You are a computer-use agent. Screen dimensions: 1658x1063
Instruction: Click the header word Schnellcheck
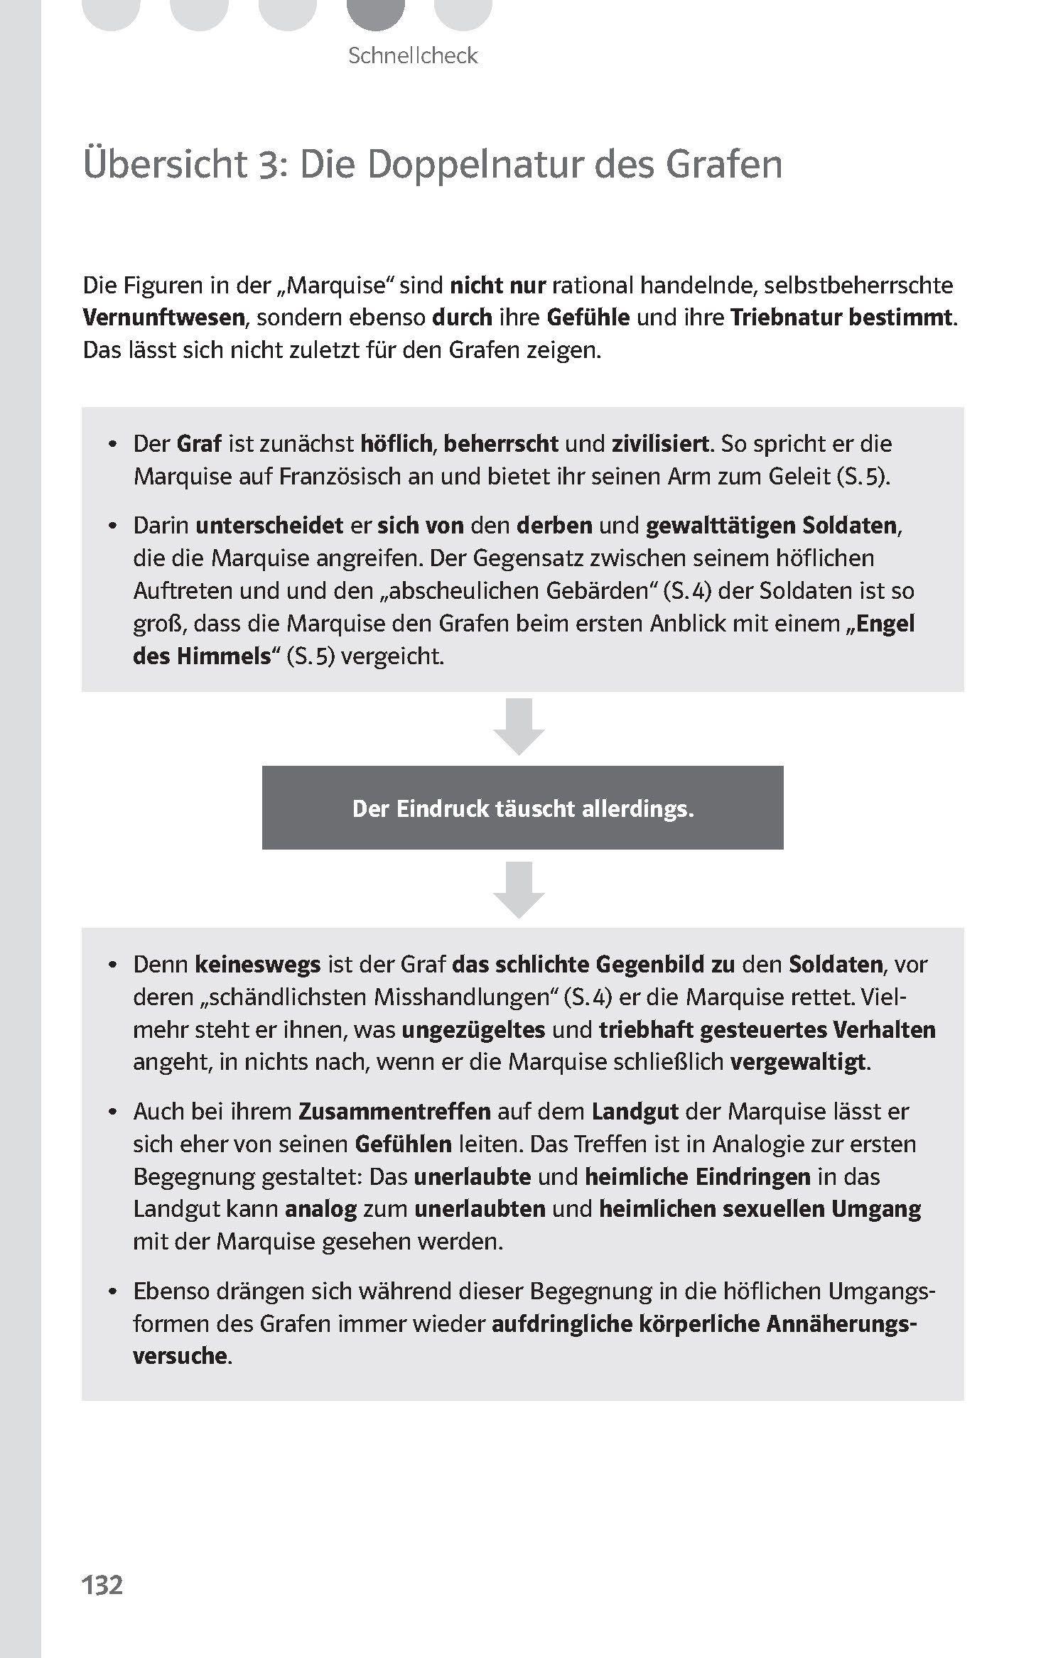[413, 55]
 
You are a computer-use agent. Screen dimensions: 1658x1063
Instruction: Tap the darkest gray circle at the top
[376, 11]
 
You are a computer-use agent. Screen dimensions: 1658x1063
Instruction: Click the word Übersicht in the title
[164, 164]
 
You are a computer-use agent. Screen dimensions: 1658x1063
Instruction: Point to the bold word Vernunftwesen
[163, 317]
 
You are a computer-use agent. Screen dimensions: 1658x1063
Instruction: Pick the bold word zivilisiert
[660, 444]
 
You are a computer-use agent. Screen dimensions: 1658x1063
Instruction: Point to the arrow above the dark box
[519, 726]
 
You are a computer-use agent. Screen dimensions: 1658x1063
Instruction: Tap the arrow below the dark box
[519, 889]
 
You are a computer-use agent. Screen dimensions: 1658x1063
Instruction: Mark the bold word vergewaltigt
[799, 1062]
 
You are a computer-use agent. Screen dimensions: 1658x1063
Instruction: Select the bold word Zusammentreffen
[394, 1111]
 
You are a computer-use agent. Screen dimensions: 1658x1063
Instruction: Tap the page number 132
[103, 1586]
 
